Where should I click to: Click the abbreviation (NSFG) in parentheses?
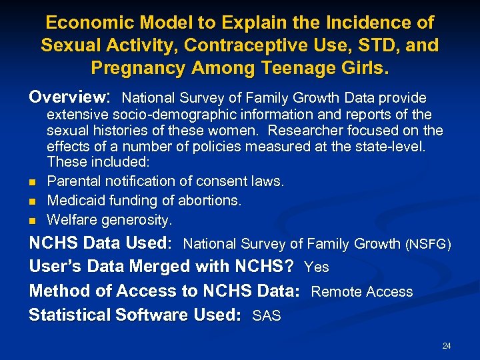pyautogui.click(x=428, y=245)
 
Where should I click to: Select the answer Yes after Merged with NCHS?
pyautogui.click(x=316, y=267)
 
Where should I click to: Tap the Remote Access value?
pyautogui.click(x=361, y=292)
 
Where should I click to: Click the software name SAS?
pyautogui.click(x=267, y=316)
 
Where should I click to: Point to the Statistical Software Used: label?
pyautogui.click(x=135, y=315)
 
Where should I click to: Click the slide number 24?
pyautogui.click(x=446, y=345)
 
